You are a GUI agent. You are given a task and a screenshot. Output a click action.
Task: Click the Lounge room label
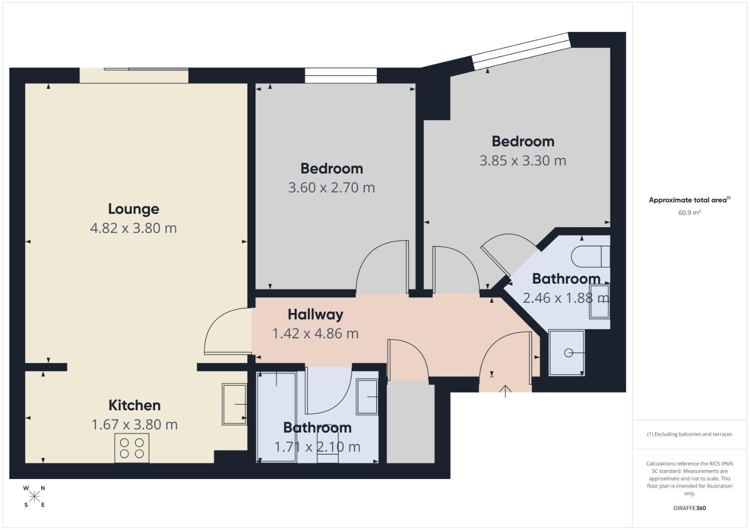[134, 209]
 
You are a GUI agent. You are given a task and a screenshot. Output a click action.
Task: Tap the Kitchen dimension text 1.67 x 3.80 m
[135, 424]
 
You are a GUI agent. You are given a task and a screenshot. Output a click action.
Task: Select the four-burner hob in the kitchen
[132, 448]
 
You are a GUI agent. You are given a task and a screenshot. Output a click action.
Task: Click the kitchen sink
[234, 404]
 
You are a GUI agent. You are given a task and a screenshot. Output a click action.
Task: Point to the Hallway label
[315, 314]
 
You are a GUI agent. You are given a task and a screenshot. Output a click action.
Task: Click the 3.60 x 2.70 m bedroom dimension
[332, 187]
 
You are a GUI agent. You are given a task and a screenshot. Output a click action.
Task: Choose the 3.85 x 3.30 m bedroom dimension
[523, 160]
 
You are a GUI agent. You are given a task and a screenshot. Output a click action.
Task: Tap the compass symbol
[34, 497]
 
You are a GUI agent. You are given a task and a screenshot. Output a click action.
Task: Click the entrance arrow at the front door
[505, 391]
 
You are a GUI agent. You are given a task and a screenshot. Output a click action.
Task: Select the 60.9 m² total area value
[689, 212]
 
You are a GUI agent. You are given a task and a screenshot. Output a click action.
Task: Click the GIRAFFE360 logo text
[689, 508]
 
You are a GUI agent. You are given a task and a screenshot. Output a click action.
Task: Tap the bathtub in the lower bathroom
[277, 417]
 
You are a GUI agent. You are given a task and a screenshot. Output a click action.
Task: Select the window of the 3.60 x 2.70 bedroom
[340, 76]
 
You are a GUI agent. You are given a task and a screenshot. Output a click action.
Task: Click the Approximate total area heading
[689, 200]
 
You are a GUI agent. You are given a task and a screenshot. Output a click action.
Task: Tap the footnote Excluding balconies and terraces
[689, 434]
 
